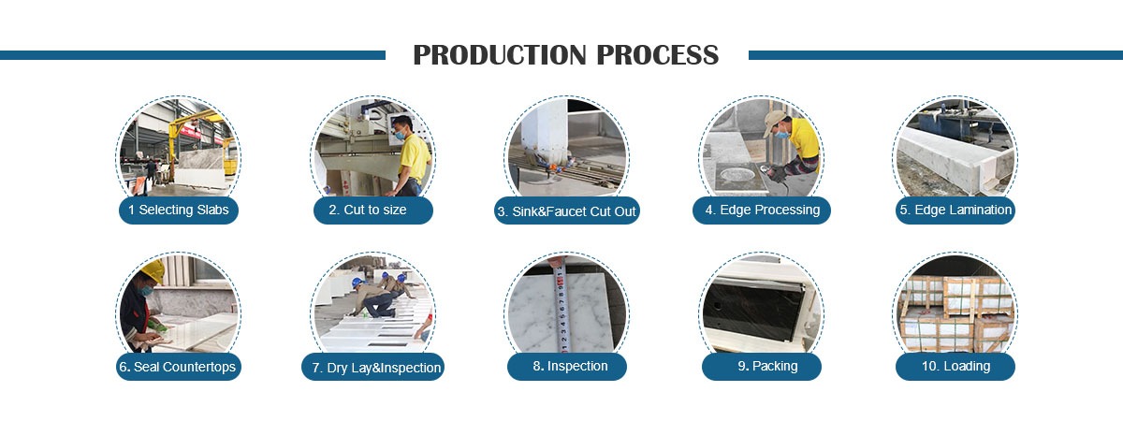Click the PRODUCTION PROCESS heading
pyautogui.click(x=566, y=55)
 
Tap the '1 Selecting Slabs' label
pyautogui.click(x=179, y=210)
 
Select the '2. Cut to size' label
pyautogui.click(x=373, y=210)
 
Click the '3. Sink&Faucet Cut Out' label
pyautogui.click(x=567, y=211)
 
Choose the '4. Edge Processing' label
pyautogui.click(x=763, y=210)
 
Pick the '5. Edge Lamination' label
pyautogui.click(x=955, y=210)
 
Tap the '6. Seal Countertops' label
pyautogui.click(x=179, y=366)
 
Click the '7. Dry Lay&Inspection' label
pyautogui.click(x=373, y=368)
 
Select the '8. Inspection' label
pyautogui.click(x=567, y=366)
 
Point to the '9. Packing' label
pyautogui.click(x=763, y=366)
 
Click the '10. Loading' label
pyautogui.click(x=955, y=366)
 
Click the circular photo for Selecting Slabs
pyautogui.click(x=179, y=150)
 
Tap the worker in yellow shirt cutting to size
pyautogui.click(x=410, y=154)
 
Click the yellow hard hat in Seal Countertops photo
pyautogui.click(x=153, y=271)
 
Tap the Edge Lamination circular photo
pyautogui.click(x=955, y=150)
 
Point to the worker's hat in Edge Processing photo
pyautogui.click(x=774, y=121)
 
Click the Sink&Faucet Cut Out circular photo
pyautogui.click(x=567, y=150)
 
